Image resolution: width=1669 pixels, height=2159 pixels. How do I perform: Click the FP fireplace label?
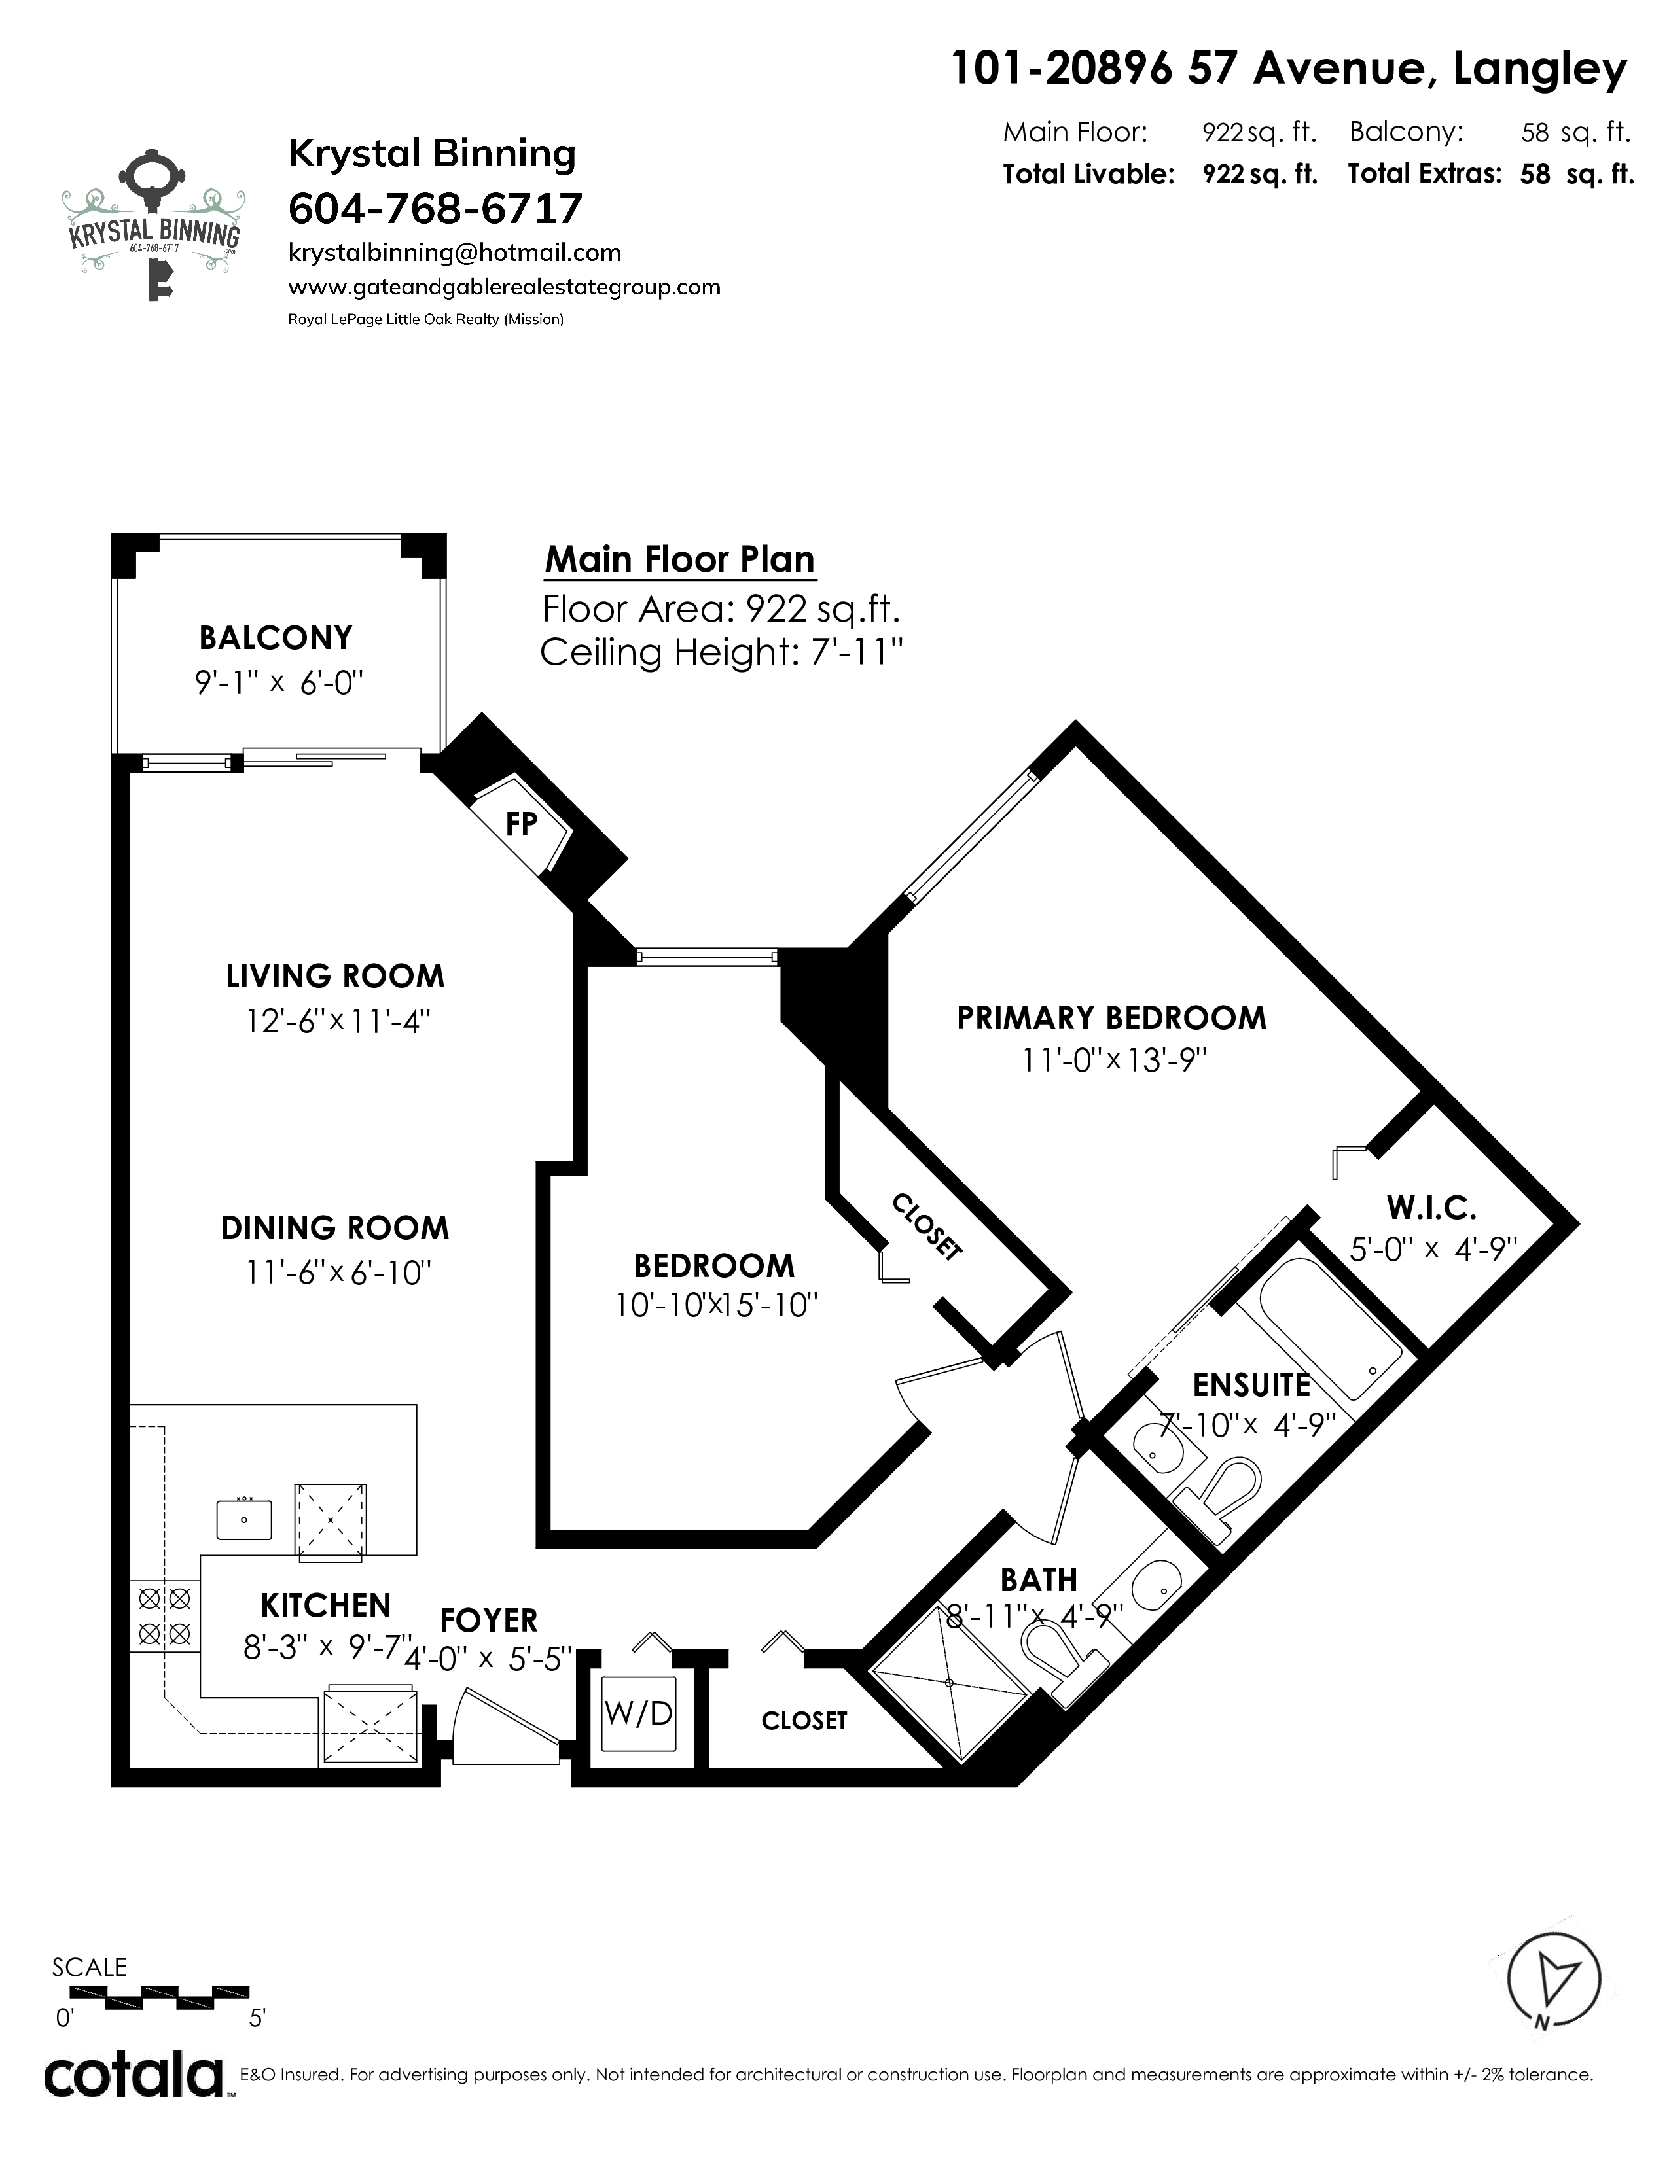tap(520, 824)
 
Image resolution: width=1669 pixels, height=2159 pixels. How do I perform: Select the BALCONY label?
tap(276, 638)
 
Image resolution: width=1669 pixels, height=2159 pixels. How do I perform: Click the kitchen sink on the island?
tap(244, 1517)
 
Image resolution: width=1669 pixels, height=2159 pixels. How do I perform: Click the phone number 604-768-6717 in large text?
tap(435, 209)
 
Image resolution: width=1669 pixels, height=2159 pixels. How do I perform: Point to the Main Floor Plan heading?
tap(680, 559)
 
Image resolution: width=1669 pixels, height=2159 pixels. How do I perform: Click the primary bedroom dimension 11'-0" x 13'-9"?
tap(1115, 1061)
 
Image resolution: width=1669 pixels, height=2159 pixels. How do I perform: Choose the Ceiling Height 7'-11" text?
tap(722, 652)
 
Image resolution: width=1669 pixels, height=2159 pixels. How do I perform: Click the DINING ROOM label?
tap(335, 1228)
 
